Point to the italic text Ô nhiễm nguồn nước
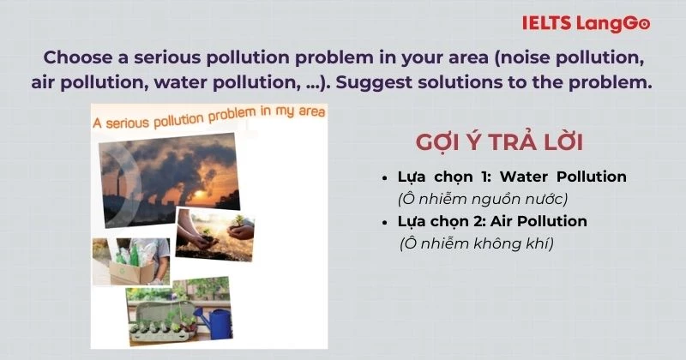(x=483, y=199)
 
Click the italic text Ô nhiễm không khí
(x=477, y=243)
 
